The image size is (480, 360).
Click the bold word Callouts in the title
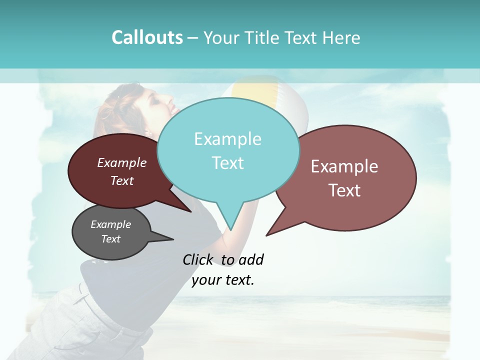tap(147, 37)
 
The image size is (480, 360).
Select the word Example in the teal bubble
tap(227, 139)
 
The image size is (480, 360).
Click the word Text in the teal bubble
tap(227, 163)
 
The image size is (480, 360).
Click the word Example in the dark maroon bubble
tap(122, 162)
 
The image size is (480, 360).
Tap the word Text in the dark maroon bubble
tap(122, 180)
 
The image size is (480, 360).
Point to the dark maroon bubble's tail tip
tap(191, 212)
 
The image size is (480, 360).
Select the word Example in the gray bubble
tap(110, 224)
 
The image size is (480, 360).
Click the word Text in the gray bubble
tap(110, 239)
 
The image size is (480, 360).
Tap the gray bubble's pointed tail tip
tap(173, 239)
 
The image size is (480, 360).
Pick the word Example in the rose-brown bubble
tap(344, 166)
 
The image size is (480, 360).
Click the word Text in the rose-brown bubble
tap(344, 190)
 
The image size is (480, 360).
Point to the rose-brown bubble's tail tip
tap(266, 235)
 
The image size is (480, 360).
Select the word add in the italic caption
tap(251, 259)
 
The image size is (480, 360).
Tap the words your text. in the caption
tap(223, 280)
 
